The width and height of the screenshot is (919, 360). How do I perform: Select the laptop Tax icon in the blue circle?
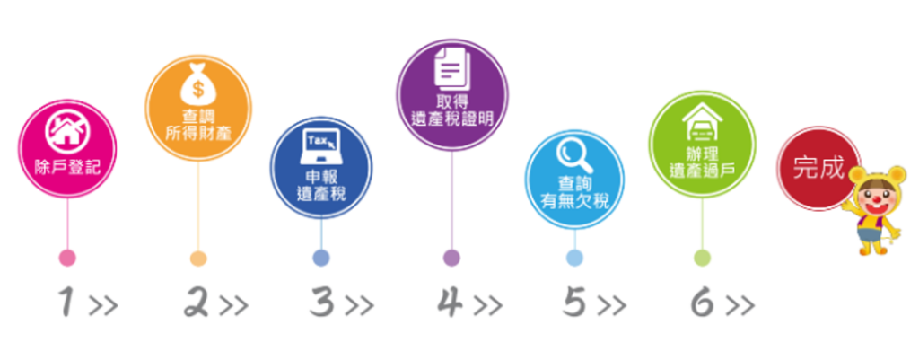(x=320, y=148)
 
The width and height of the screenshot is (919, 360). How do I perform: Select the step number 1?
(x=65, y=304)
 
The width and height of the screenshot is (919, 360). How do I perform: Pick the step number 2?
(x=197, y=304)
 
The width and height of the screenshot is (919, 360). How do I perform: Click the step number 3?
(x=322, y=304)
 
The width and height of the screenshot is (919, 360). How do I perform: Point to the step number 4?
(x=450, y=304)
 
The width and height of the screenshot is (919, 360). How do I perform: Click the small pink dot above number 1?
(x=67, y=258)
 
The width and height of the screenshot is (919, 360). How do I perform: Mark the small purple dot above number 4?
(x=451, y=258)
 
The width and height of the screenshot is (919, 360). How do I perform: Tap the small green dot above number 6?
(x=702, y=258)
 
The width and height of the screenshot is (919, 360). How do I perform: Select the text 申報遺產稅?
(x=321, y=184)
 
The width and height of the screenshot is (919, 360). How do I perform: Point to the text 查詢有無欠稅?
(x=574, y=193)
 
